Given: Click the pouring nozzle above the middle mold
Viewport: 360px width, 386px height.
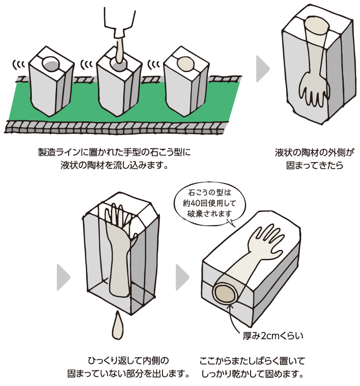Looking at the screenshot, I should [118, 21].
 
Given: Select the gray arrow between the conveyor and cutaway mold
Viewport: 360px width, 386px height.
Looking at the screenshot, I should [262, 69].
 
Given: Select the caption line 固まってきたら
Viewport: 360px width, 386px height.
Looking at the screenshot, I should [314, 166].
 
